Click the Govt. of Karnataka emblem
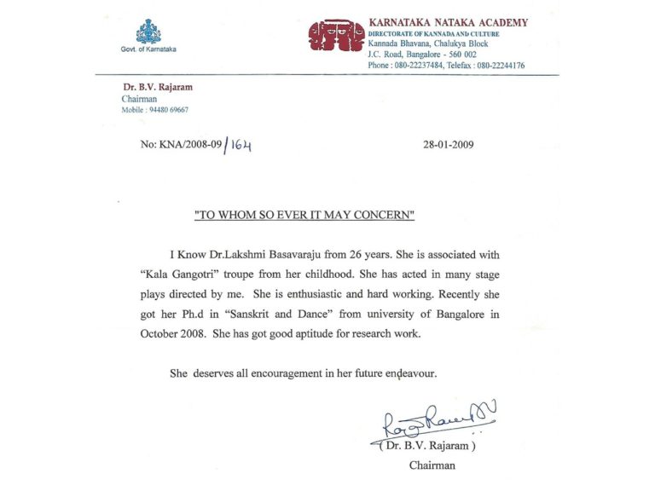pos(148,32)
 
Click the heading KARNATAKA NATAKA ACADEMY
pos(448,23)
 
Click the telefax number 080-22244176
pos(496,65)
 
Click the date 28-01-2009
pos(449,145)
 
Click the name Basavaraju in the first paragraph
pos(284,255)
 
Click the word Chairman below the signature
pos(432,465)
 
